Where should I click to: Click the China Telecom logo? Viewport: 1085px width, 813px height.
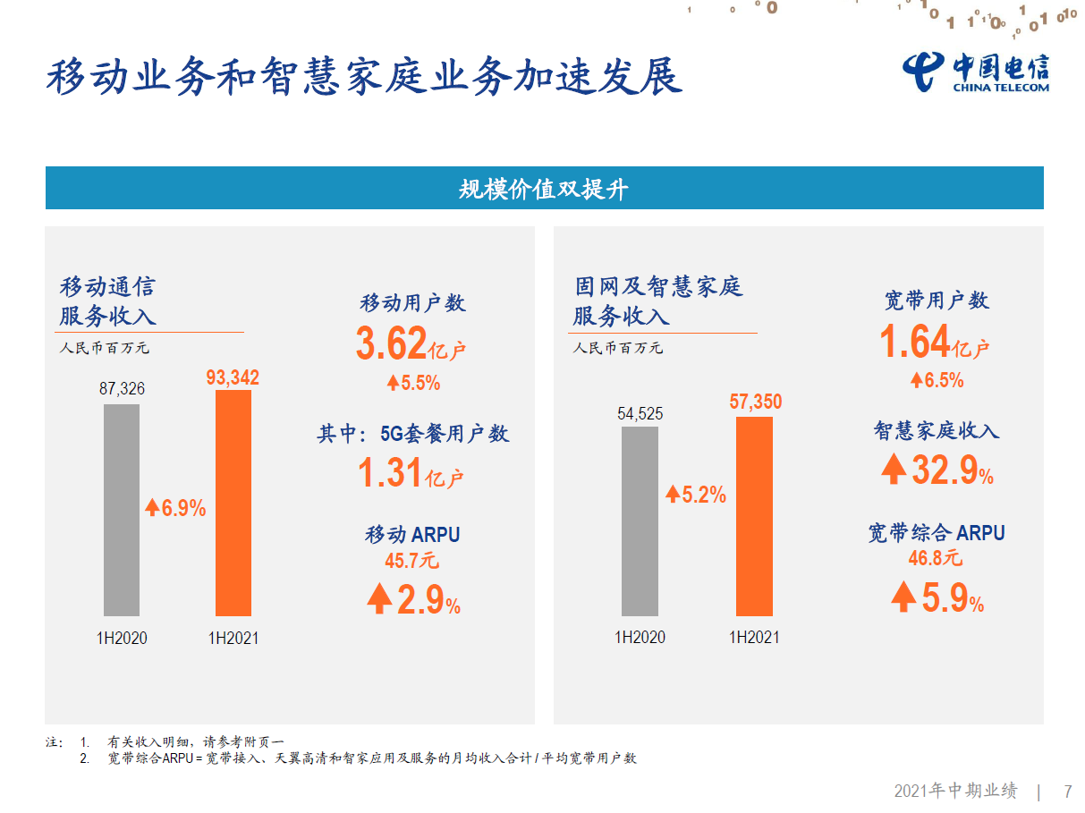pyautogui.click(x=976, y=71)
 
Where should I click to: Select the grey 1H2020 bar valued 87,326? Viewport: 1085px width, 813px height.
pyautogui.click(x=122, y=510)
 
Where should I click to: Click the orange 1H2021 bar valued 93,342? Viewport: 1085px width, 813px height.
pyautogui.click(x=233, y=503)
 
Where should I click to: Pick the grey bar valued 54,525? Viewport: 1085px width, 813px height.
pyautogui.click(x=640, y=521)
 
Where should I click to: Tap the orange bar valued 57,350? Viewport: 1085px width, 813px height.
pyautogui.click(x=754, y=516)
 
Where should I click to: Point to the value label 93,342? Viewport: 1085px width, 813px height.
pyautogui.click(x=233, y=378)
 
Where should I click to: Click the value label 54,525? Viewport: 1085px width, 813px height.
pyautogui.click(x=640, y=414)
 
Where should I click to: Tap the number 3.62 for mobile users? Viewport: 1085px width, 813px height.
pyautogui.click(x=391, y=344)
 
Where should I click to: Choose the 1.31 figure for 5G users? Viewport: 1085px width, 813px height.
pyautogui.click(x=390, y=473)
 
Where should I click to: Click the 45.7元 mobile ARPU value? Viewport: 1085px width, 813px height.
pyautogui.click(x=412, y=562)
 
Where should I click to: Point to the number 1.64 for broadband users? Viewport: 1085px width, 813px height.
pyautogui.click(x=914, y=342)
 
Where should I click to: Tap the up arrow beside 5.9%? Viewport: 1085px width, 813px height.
pyautogui.click(x=903, y=597)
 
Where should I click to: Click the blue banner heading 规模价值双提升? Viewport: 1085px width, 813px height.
pyautogui.click(x=544, y=189)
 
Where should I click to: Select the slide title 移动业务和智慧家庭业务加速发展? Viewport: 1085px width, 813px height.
pyautogui.click(x=364, y=76)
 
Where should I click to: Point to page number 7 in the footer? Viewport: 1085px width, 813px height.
pyautogui.click(x=1067, y=792)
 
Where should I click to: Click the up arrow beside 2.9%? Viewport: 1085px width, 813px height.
pyautogui.click(x=379, y=599)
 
